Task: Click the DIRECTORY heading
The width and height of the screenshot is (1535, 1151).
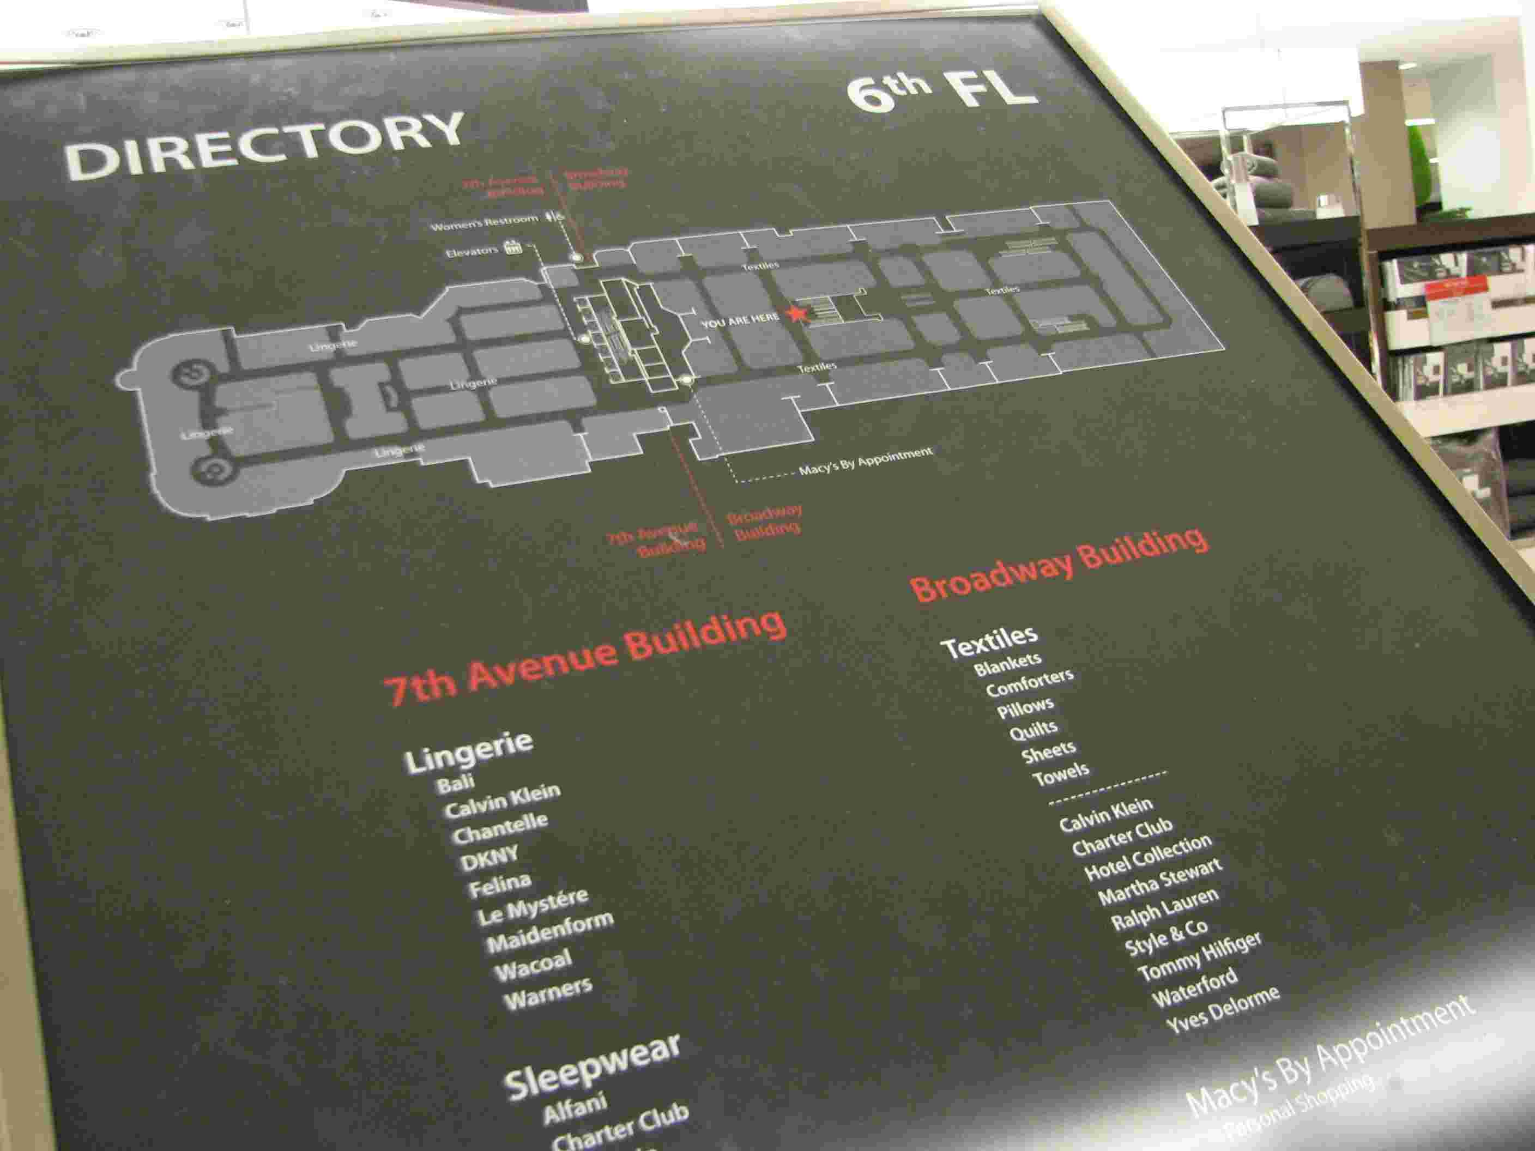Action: (264, 148)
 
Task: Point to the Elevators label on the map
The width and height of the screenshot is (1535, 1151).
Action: (472, 251)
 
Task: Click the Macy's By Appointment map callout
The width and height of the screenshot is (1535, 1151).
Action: (866, 461)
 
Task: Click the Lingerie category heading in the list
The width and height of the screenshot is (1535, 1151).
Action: (468, 750)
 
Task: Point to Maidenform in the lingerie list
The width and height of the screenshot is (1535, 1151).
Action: (549, 932)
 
